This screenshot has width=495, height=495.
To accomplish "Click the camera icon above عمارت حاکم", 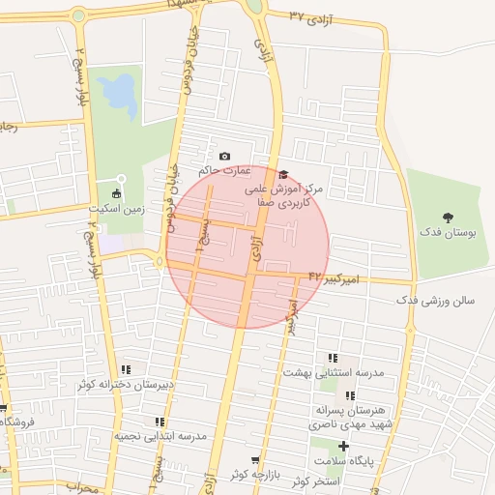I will (225, 157).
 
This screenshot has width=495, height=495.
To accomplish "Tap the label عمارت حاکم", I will (224, 171).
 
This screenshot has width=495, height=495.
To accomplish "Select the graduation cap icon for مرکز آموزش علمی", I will (282, 175).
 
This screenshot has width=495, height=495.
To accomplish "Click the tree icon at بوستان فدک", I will (448, 218).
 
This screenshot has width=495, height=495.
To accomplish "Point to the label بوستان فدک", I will (446, 233).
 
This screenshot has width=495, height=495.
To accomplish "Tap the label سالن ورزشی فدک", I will (435, 301).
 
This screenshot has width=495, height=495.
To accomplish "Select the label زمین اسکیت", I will (117, 208).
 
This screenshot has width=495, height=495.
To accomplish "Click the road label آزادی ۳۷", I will (311, 17).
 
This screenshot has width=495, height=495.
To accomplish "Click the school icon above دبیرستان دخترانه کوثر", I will (126, 369).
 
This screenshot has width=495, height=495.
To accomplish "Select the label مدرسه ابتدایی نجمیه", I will (161, 437).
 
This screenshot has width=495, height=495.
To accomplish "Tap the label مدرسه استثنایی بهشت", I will (334, 372).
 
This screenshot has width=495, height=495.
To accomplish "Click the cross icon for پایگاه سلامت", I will (343, 446).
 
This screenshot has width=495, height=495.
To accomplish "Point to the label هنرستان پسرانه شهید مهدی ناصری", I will (351, 417).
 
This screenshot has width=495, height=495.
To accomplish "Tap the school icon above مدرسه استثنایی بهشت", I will (334, 358).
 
